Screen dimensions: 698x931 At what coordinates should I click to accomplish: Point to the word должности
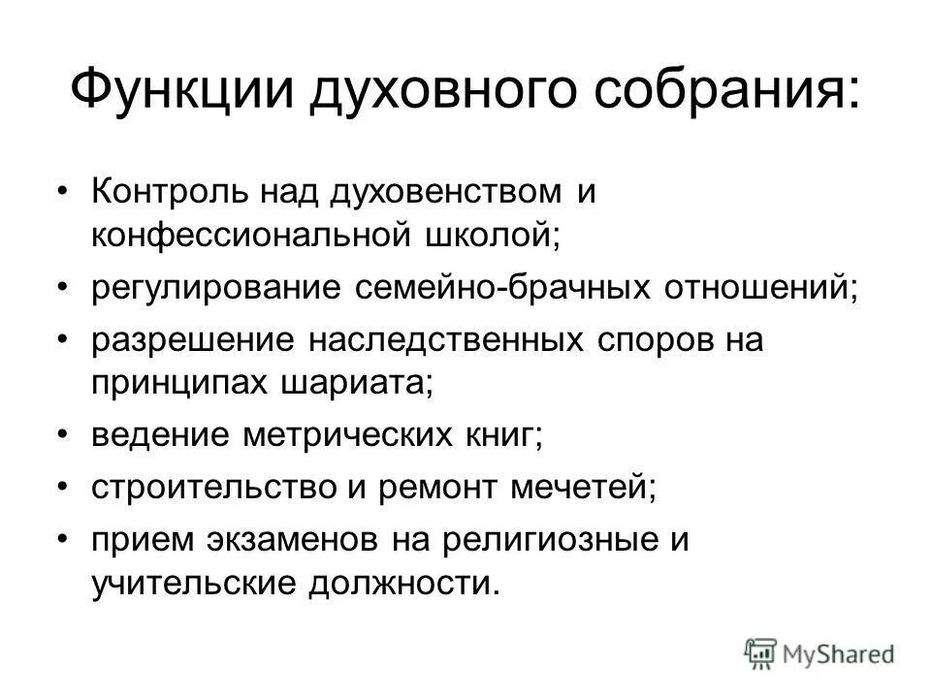405,584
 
